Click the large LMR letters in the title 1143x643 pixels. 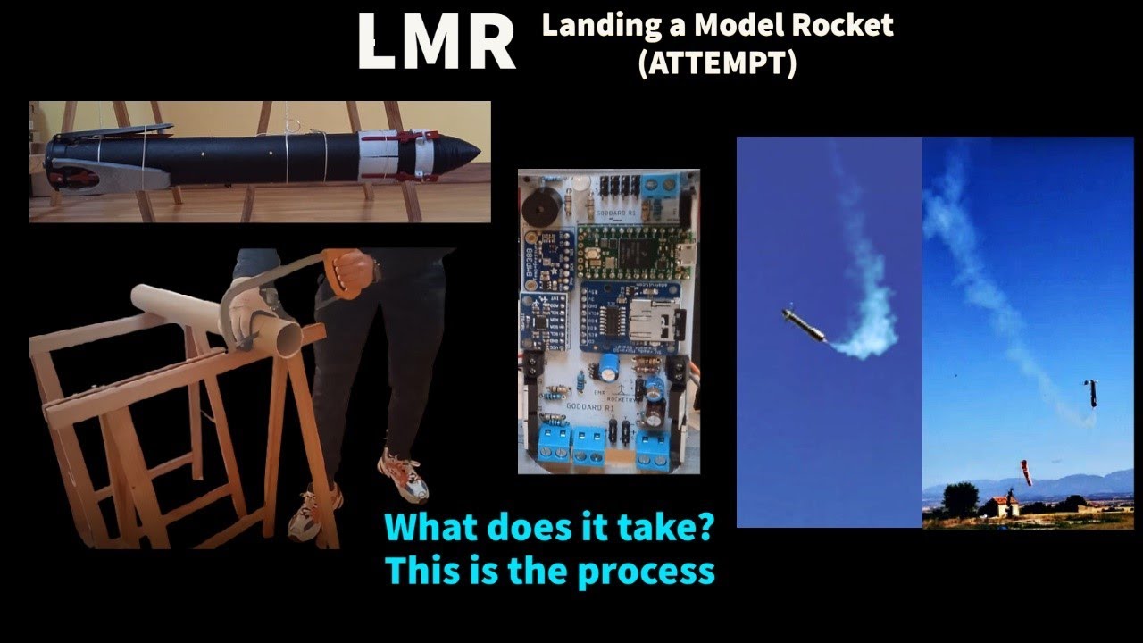[x=436, y=42]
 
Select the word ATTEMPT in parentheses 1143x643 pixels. [x=717, y=64]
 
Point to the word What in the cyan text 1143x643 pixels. [x=433, y=527]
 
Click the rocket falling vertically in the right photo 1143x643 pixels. [x=1090, y=392]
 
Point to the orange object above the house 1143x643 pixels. [x=1026, y=472]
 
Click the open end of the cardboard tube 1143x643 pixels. [x=286, y=337]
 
